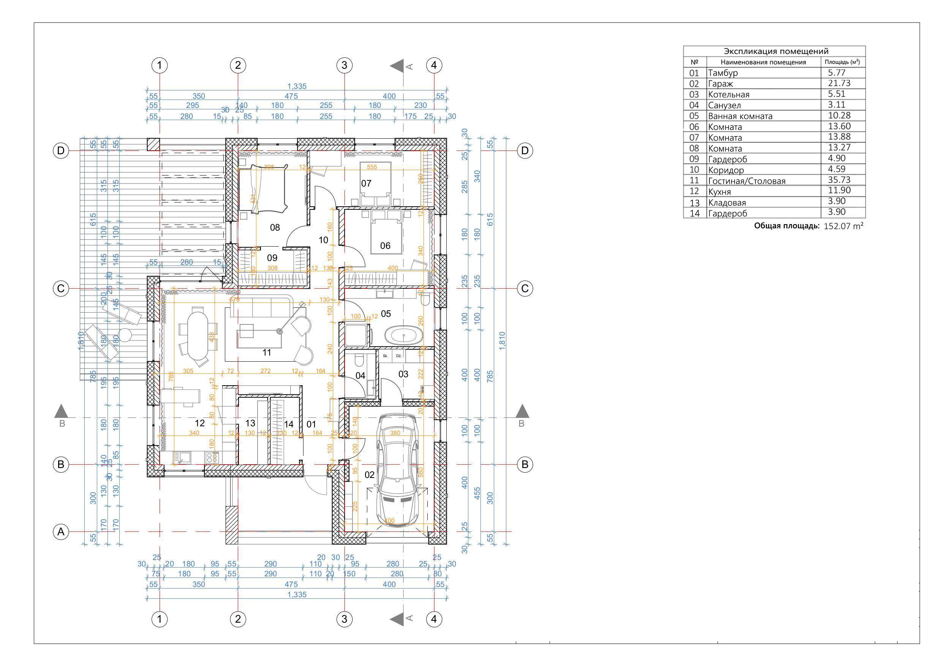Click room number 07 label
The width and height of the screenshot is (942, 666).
click(x=366, y=184)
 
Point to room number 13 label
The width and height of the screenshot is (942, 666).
click(x=250, y=423)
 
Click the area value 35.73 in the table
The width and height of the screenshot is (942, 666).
click(x=839, y=180)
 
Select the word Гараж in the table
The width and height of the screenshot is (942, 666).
click(x=720, y=84)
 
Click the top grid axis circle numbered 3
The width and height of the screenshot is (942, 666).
click(x=344, y=65)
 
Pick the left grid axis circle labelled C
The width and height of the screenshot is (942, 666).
click(x=61, y=288)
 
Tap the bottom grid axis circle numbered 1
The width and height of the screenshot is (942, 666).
click(x=160, y=619)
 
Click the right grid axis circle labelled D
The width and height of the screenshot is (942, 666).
click(x=525, y=150)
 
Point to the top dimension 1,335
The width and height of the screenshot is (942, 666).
click(x=297, y=86)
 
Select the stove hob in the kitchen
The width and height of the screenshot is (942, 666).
click(x=212, y=457)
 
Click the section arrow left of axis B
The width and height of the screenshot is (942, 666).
click(x=62, y=411)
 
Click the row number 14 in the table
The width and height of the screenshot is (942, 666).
click(x=694, y=214)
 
